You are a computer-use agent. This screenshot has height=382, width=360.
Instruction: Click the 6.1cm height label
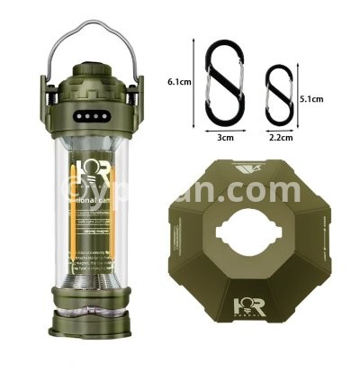179,81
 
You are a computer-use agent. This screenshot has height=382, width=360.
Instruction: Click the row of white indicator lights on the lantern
87,116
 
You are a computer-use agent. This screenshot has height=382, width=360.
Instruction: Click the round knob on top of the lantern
87,68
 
